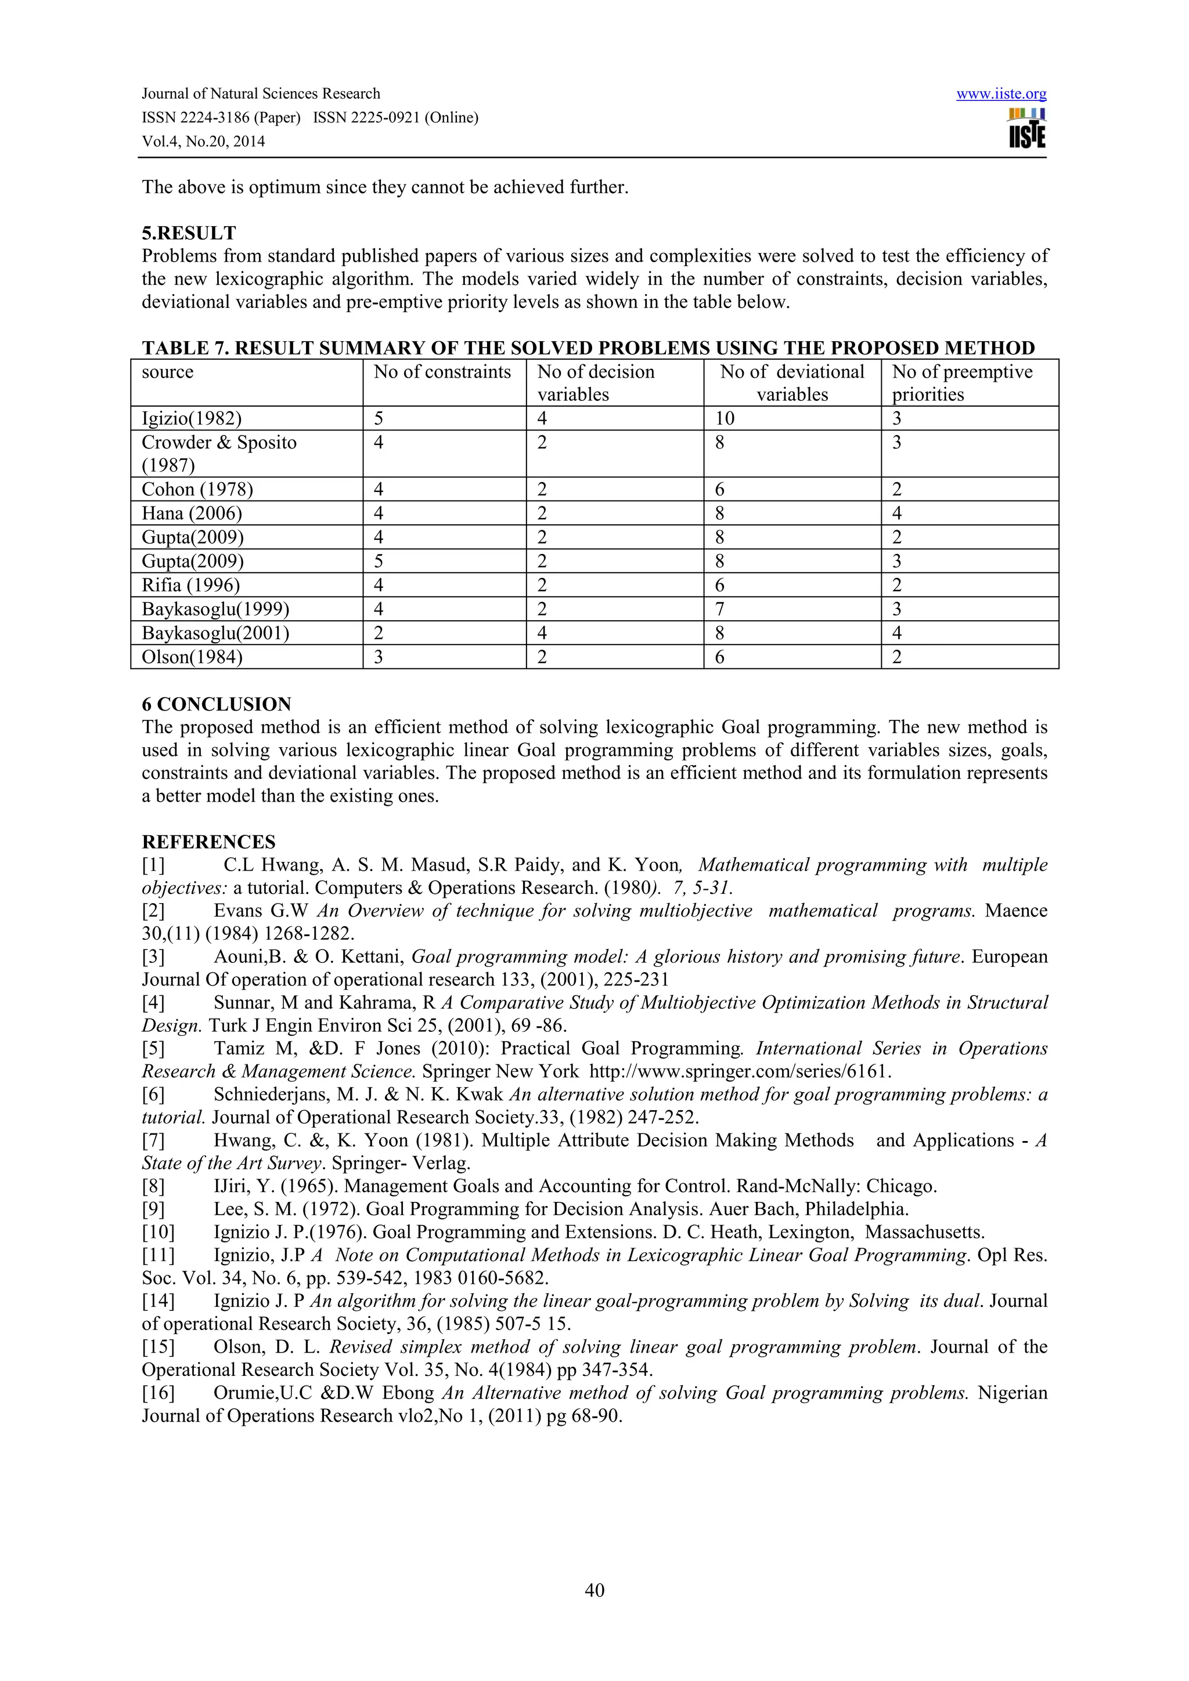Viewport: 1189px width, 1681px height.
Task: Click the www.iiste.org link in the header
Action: (x=1001, y=94)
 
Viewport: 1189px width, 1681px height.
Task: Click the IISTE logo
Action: (x=1026, y=129)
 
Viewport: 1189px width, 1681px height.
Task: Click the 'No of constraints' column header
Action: (x=442, y=372)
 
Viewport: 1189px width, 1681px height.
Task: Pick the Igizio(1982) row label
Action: (x=191, y=419)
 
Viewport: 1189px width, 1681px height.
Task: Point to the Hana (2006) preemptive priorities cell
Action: (x=897, y=513)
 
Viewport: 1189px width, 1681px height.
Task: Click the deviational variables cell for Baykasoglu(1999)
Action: (x=719, y=609)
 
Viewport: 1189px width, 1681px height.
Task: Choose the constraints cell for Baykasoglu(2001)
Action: (x=379, y=633)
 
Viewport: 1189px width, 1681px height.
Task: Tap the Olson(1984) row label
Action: (x=192, y=657)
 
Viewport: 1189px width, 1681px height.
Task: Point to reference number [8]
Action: (x=153, y=1186)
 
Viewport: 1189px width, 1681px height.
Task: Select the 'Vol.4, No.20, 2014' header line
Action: (x=203, y=142)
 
